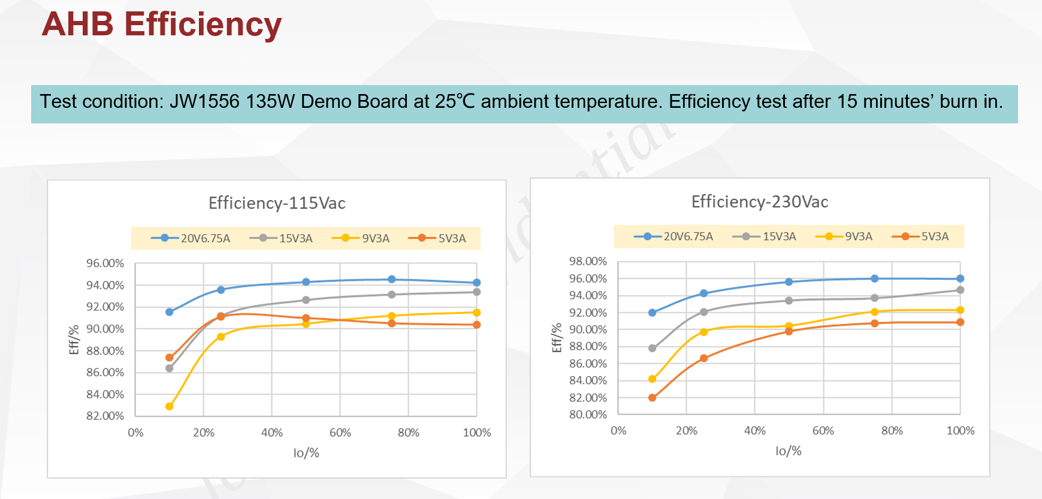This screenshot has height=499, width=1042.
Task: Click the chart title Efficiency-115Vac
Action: pos(277,203)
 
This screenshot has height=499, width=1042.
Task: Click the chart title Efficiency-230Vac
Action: pos(760,201)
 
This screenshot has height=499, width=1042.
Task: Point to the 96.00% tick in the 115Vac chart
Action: pos(105,263)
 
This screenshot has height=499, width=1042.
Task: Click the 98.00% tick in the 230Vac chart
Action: pos(588,261)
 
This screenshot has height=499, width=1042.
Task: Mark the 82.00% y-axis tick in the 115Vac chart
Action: pos(105,416)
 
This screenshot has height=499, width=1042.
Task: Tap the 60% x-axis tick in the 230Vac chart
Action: pos(823,430)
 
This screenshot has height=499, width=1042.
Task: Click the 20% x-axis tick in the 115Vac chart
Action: pos(204,433)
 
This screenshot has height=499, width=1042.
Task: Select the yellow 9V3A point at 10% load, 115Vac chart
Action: pos(170,406)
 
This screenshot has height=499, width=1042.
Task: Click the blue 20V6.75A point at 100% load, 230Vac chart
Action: pos(960,279)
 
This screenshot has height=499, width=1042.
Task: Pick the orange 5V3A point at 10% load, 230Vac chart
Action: pos(653,397)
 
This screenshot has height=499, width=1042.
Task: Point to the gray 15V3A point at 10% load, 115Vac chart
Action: pos(170,368)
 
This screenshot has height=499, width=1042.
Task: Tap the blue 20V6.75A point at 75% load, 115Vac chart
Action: pos(392,279)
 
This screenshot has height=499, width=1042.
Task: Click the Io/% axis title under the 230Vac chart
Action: pos(789,450)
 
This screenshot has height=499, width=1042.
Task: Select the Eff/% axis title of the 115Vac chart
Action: pos(74,340)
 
